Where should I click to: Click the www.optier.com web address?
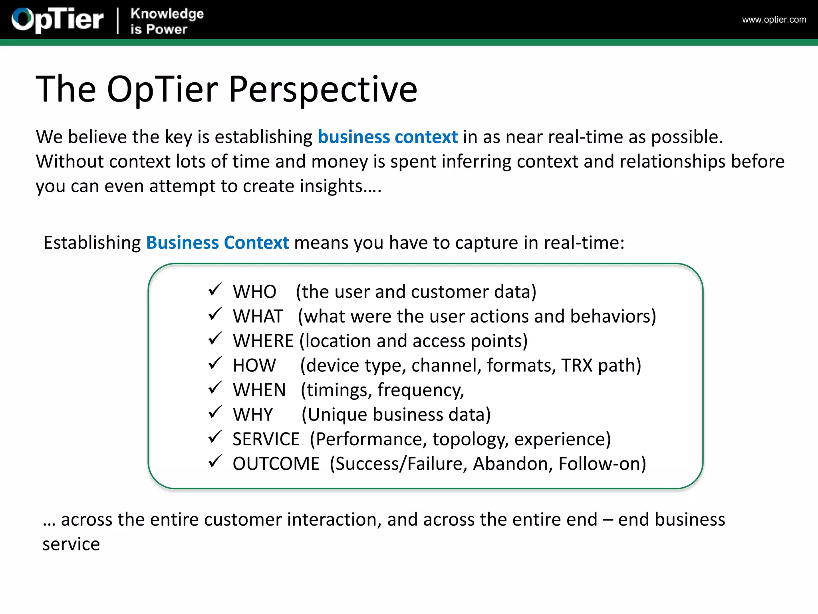tap(774, 20)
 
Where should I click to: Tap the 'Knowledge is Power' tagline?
tap(167, 21)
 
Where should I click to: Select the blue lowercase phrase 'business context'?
tap(387, 137)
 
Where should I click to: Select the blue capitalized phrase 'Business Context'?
tap(217, 243)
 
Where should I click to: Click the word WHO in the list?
tap(254, 292)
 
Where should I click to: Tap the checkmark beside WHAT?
tap(215, 314)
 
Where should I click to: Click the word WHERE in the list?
tap(263, 341)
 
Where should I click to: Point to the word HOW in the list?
tap(254, 365)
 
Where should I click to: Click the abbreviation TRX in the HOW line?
tap(576, 365)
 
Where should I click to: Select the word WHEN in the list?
tap(259, 390)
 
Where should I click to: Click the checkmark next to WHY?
tap(215, 412)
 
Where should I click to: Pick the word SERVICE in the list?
tap(266, 439)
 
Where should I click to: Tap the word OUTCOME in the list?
tap(276, 464)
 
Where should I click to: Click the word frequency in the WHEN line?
tap(421, 390)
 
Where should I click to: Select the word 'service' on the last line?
tap(71, 544)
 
